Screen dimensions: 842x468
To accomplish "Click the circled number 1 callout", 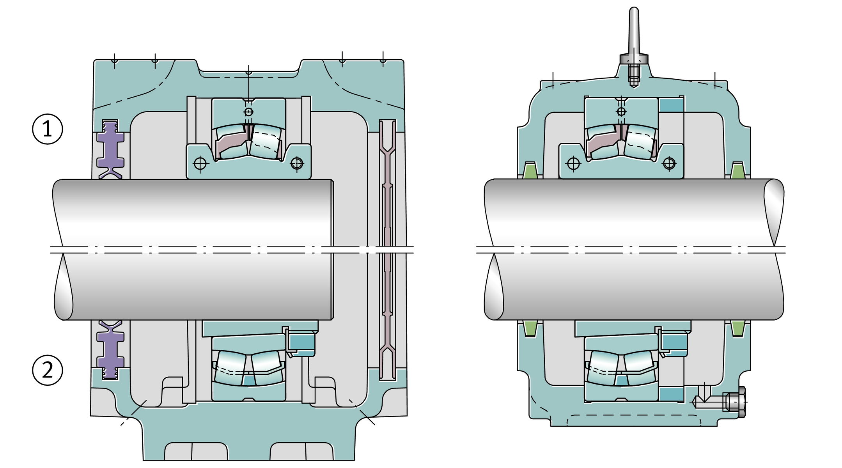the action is pos(47,129).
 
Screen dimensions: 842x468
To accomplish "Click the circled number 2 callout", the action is pos(47,370).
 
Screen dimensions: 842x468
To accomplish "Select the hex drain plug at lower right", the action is pos(735,402).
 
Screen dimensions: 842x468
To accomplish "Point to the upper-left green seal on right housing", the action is pos(530,170).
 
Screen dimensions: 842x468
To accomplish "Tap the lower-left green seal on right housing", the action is pos(530,328).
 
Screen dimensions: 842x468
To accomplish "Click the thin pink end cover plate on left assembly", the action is pos(388,250).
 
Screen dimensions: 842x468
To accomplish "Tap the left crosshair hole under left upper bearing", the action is pos(200,163).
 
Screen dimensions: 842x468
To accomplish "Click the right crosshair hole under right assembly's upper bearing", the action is pos(669,163).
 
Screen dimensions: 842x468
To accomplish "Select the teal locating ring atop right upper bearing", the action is pos(671,105).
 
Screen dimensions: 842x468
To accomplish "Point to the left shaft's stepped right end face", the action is pos(332,250).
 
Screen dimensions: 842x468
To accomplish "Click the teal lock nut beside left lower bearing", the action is pos(301,344).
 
